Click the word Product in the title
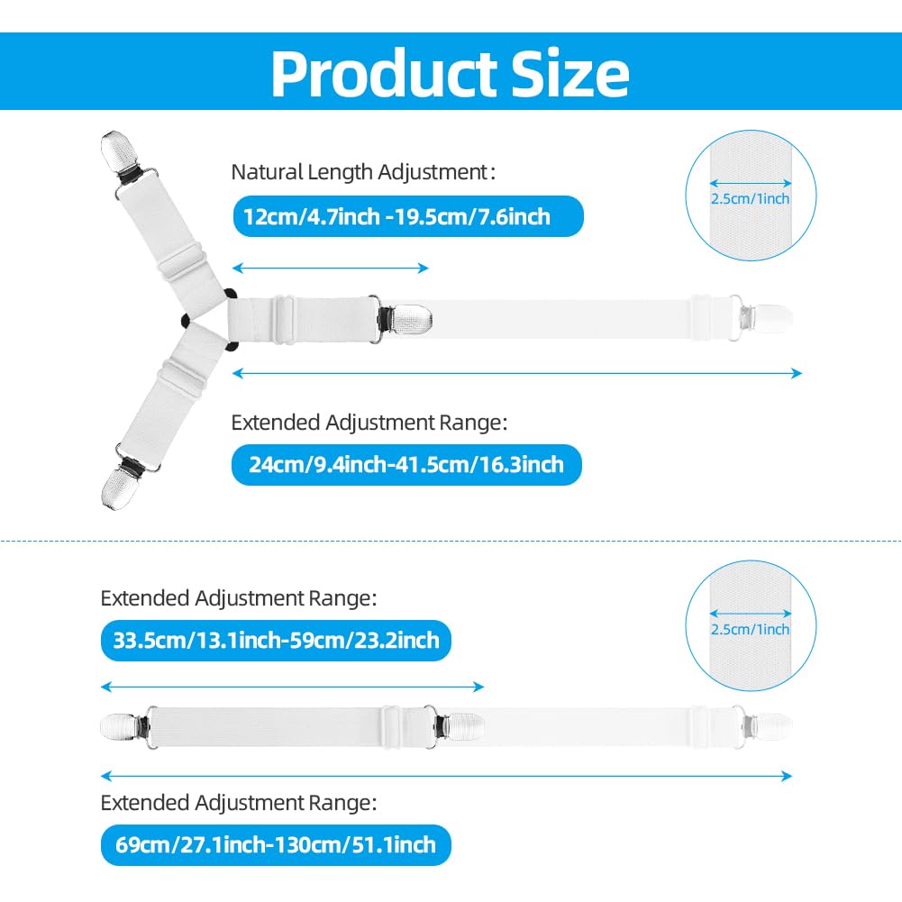(384, 73)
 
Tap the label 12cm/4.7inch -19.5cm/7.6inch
(396, 217)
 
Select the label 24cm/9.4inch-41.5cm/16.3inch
(406, 464)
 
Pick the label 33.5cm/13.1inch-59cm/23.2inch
(276, 641)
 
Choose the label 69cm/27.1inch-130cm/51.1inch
(276, 844)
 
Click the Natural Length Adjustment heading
(363, 172)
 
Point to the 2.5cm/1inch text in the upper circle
(750, 198)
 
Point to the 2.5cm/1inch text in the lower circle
(750, 629)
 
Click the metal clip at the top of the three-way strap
(120, 154)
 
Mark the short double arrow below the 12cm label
(330, 268)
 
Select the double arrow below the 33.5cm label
(292, 687)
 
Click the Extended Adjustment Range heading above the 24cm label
(369, 423)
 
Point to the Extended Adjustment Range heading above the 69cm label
(239, 803)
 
